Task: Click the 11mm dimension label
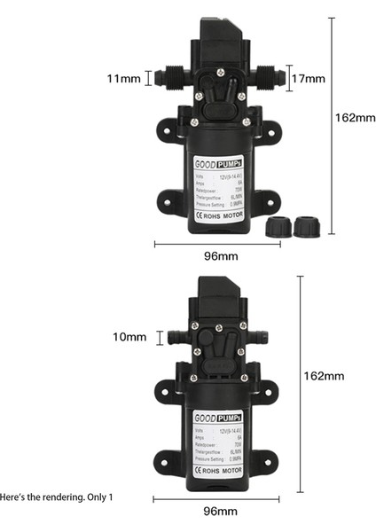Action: pyautogui.click(x=123, y=79)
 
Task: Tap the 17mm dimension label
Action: pyautogui.click(x=309, y=78)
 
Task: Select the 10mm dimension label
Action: pyautogui.click(x=129, y=337)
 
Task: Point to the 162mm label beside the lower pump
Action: pyautogui.click(x=324, y=376)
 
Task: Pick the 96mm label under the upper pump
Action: pyautogui.click(x=219, y=256)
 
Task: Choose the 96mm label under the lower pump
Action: pyautogui.click(x=219, y=512)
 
